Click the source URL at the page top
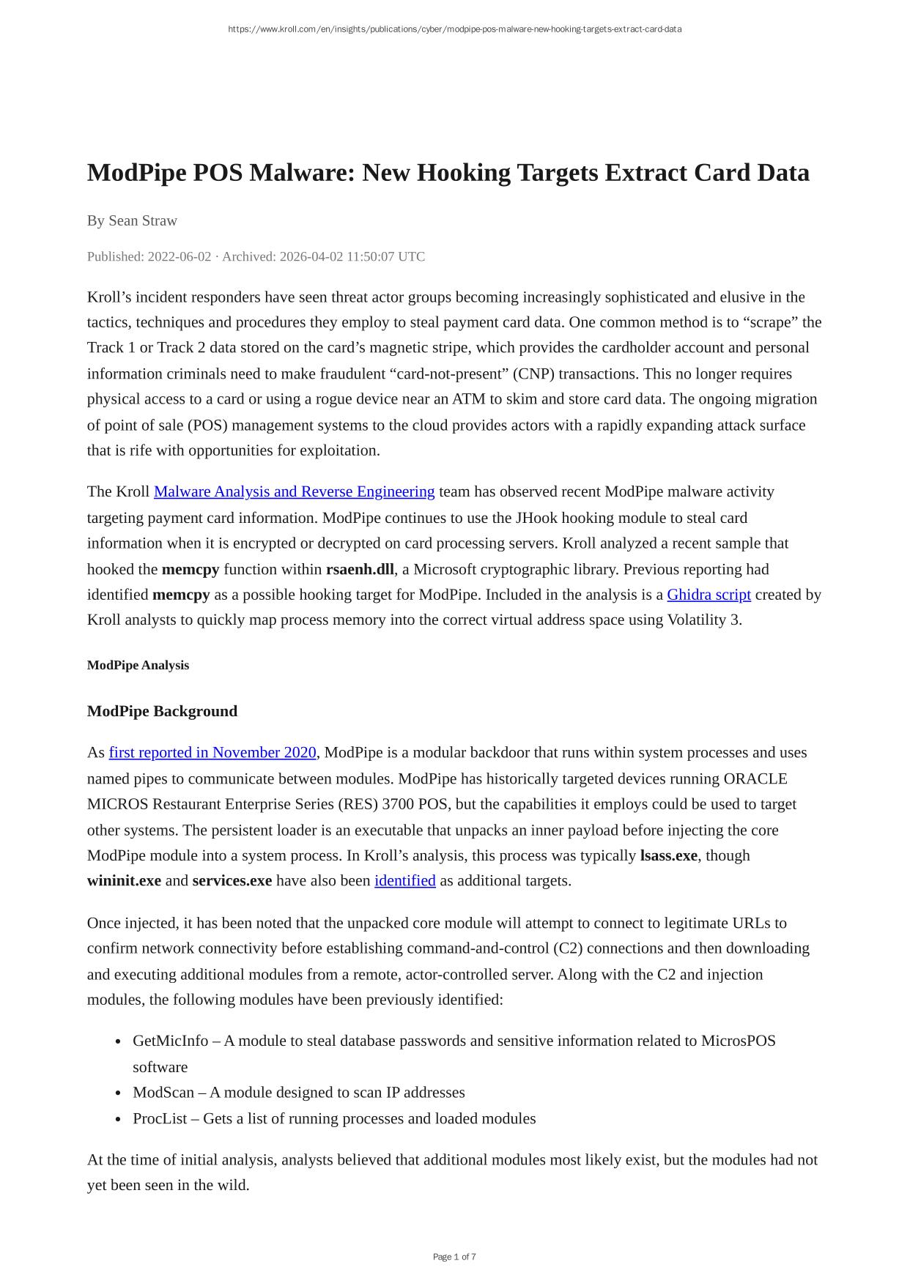pos(454,29)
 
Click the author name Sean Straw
pos(143,220)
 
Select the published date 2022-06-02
pos(179,256)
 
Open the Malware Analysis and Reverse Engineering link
pos(294,491)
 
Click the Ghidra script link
pos(709,595)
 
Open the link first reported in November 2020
pos(212,753)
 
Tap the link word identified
pos(404,881)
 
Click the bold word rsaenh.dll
pos(360,569)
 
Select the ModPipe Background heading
pos(162,711)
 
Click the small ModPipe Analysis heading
pos(138,665)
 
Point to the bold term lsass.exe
pos(668,855)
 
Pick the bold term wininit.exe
pos(124,881)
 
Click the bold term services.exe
pos(232,881)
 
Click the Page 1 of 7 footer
pos(454,1257)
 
